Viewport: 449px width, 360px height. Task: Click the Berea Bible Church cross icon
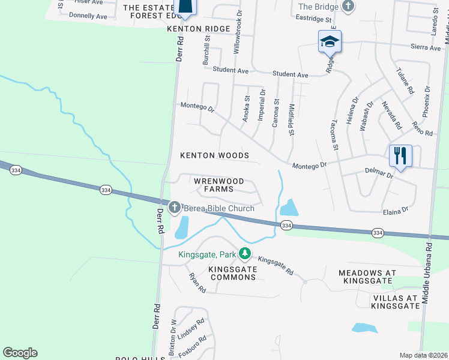[x=175, y=208]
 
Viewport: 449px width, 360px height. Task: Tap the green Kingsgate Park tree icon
[x=244, y=254]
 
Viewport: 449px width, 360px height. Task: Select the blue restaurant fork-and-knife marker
[x=400, y=156]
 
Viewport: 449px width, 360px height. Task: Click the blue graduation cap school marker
[x=330, y=41]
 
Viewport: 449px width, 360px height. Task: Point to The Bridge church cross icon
[x=348, y=6]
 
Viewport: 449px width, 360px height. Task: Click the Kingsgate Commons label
[x=233, y=274]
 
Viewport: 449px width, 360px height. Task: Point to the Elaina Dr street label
[x=396, y=211]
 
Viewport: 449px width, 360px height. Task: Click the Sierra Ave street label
[x=426, y=47]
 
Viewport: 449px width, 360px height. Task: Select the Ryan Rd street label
[x=197, y=283]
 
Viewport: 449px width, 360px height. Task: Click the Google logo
[x=20, y=353]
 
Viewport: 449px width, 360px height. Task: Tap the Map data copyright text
[x=423, y=355]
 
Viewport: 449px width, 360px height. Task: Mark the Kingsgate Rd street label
[x=276, y=267]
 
